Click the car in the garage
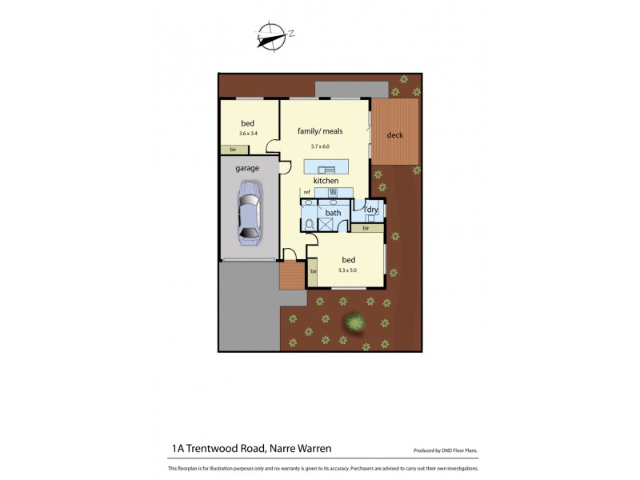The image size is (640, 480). pos(250,214)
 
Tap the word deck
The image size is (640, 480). pos(395,134)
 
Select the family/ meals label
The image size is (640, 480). pos(320,130)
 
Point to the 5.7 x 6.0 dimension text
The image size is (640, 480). pos(320,146)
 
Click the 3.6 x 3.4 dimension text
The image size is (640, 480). pos(248,134)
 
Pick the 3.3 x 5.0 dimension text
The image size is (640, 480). pos(348,270)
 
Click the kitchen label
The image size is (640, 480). pos(326,182)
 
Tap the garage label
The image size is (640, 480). pos(246,170)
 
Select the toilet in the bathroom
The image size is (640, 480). pos(308,222)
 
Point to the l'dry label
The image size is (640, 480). pos(372,210)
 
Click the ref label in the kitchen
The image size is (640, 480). pos(306,193)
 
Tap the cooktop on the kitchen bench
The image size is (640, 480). pos(333,192)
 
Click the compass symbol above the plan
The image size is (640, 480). pos(272,36)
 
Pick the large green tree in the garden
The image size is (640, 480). pos(354,323)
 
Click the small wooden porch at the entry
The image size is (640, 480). pos(292,277)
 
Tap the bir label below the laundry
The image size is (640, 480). pos(366,229)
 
